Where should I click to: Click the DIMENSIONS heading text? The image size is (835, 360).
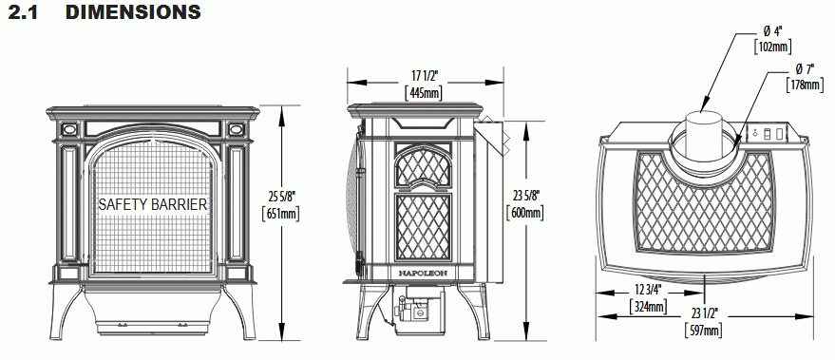[133, 11]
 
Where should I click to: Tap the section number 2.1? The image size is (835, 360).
[23, 11]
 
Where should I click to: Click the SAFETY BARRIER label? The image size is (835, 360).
[153, 204]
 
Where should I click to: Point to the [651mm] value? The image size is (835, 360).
[281, 214]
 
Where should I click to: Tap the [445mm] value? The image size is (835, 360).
[424, 93]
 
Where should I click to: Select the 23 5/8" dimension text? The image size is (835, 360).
[525, 196]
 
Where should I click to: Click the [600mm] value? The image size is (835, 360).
[525, 213]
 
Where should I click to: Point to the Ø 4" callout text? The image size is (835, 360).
[772, 30]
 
